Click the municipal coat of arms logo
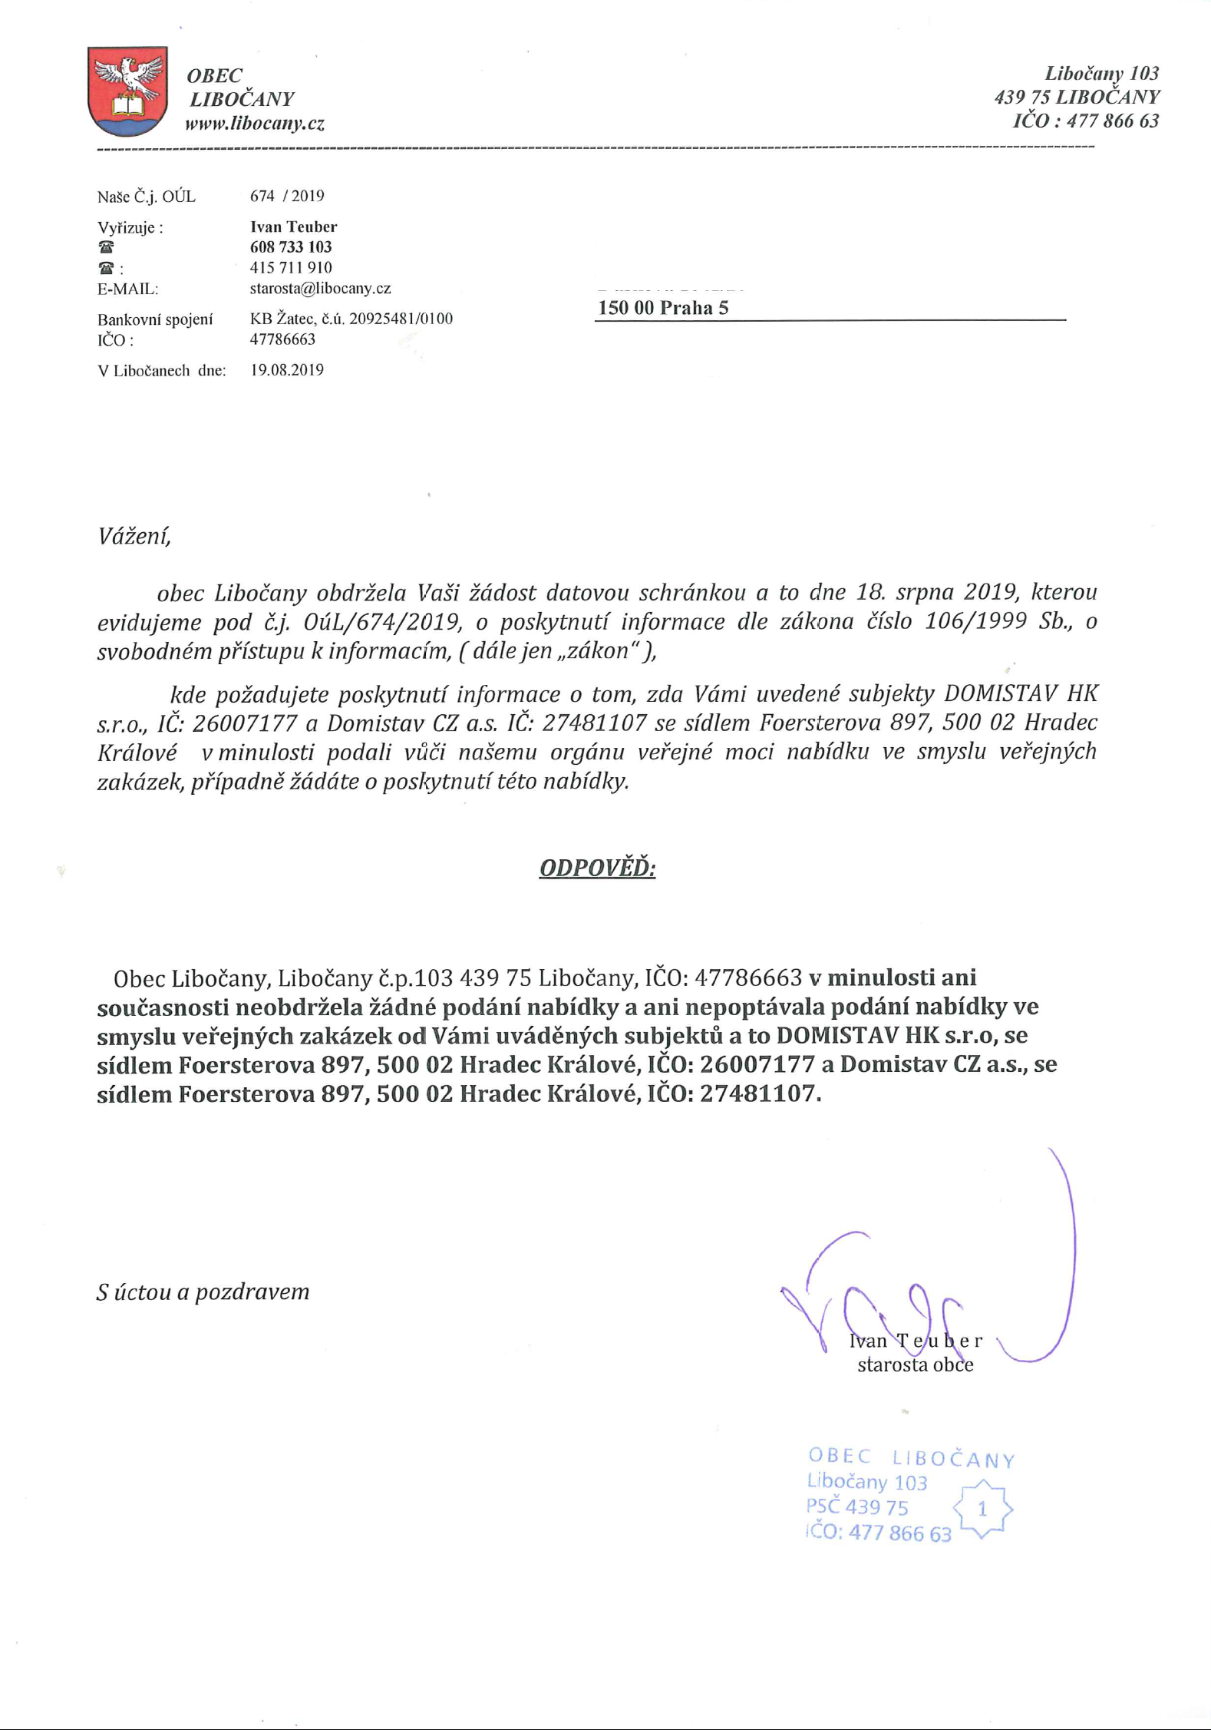pyautogui.click(x=127, y=91)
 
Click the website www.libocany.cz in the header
pyautogui.click(x=255, y=124)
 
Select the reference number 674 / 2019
pyautogui.click(x=287, y=196)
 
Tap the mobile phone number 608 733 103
pyautogui.click(x=291, y=246)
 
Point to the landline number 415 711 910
pyautogui.click(x=291, y=267)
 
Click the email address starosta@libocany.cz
pyautogui.click(x=320, y=289)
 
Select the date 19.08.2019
pyautogui.click(x=287, y=370)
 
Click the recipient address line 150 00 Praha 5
pyautogui.click(x=663, y=308)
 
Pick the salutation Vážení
pyautogui.click(x=134, y=535)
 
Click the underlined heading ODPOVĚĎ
pyautogui.click(x=597, y=868)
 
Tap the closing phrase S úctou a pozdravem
pyautogui.click(x=203, y=1292)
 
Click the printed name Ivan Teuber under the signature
pyautogui.click(x=915, y=1341)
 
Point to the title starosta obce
pyautogui.click(x=915, y=1364)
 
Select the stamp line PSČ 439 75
pyautogui.click(x=857, y=1507)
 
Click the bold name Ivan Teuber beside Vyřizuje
pyautogui.click(x=293, y=227)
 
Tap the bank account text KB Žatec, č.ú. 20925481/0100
pyautogui.click(x=351, y=319)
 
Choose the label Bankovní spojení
pyautogui.click(x=155, y=319)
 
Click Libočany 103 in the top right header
pyautogui.click(x=1101, y=74)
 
